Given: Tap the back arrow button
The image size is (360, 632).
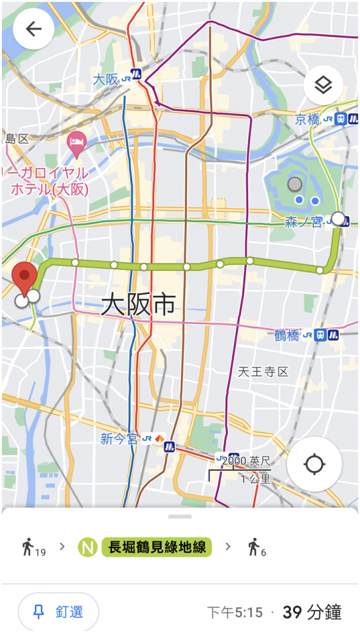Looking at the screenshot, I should [x=33, y=29].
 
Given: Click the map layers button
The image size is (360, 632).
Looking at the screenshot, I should [x=323, y=85].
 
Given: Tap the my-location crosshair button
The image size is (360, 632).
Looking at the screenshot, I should [x=314, y=464].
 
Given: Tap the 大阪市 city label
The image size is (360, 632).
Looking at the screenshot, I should [x=138, y=304].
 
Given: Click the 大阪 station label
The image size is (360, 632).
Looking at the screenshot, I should [x=105, y=80].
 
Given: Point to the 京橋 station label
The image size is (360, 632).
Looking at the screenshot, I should [x=307, y=119].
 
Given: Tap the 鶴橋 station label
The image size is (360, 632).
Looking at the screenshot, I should [x=287, y=336].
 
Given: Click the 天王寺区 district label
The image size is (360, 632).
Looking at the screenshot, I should [x=263, y=372].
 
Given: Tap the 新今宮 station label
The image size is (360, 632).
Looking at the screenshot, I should [x=119, y=439].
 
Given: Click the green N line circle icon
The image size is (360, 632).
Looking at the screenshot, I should [x=88, y=546].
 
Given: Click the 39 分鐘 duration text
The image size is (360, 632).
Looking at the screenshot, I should [x=312, y=612].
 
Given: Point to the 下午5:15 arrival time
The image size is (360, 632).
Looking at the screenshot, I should [x=235, y=612].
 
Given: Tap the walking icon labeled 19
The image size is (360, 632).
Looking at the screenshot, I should [x=28, y=546].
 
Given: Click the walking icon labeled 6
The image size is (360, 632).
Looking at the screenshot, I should [x=253, y=546].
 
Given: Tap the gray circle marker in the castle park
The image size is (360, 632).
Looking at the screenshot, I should [x=295, y=184].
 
